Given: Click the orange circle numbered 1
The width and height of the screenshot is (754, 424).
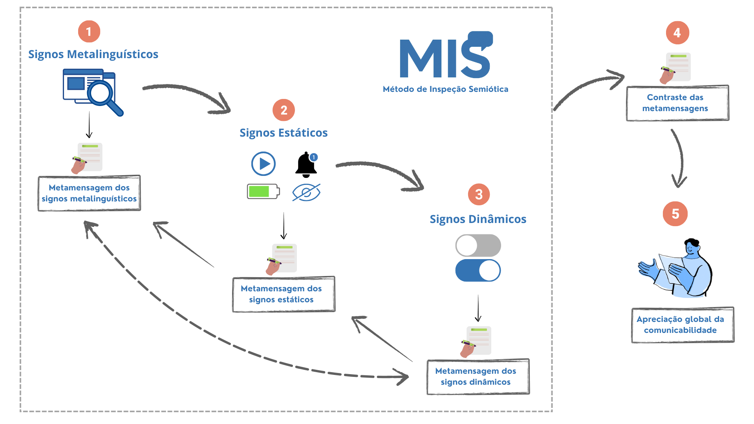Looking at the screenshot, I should [89, 31].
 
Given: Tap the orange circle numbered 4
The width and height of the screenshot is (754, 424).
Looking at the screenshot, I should [677, 33].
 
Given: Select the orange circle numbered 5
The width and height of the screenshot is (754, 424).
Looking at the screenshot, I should [675, 214].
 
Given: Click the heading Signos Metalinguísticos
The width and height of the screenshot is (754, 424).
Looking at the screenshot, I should [93, 54].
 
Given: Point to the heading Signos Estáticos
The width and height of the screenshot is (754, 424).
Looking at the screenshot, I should [284, 133].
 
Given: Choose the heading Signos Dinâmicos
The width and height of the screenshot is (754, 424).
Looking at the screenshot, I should [478, 219].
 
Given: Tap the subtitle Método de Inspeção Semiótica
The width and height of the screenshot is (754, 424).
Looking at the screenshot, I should [445, 89].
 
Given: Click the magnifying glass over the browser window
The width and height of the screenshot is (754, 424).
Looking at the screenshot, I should [103, 95].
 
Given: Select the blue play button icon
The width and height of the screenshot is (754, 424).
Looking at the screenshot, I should [264, 164].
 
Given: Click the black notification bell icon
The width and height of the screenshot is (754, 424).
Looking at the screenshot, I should [306, 165].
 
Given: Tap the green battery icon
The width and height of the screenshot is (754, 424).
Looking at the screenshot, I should [263, 192].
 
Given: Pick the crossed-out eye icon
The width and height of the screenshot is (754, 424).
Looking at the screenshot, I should [306, 192].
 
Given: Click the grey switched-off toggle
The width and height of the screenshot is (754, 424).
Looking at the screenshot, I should [478, 246].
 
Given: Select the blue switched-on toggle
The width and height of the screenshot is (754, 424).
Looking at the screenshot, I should [478, 270].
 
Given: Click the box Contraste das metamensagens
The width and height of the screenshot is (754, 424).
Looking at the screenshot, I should [677, 103].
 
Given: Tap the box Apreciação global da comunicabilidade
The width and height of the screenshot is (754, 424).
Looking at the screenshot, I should [683, 325].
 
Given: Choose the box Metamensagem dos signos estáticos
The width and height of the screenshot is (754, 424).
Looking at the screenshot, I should [284, 294].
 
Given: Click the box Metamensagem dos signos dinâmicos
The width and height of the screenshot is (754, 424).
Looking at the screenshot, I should [478, 376].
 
